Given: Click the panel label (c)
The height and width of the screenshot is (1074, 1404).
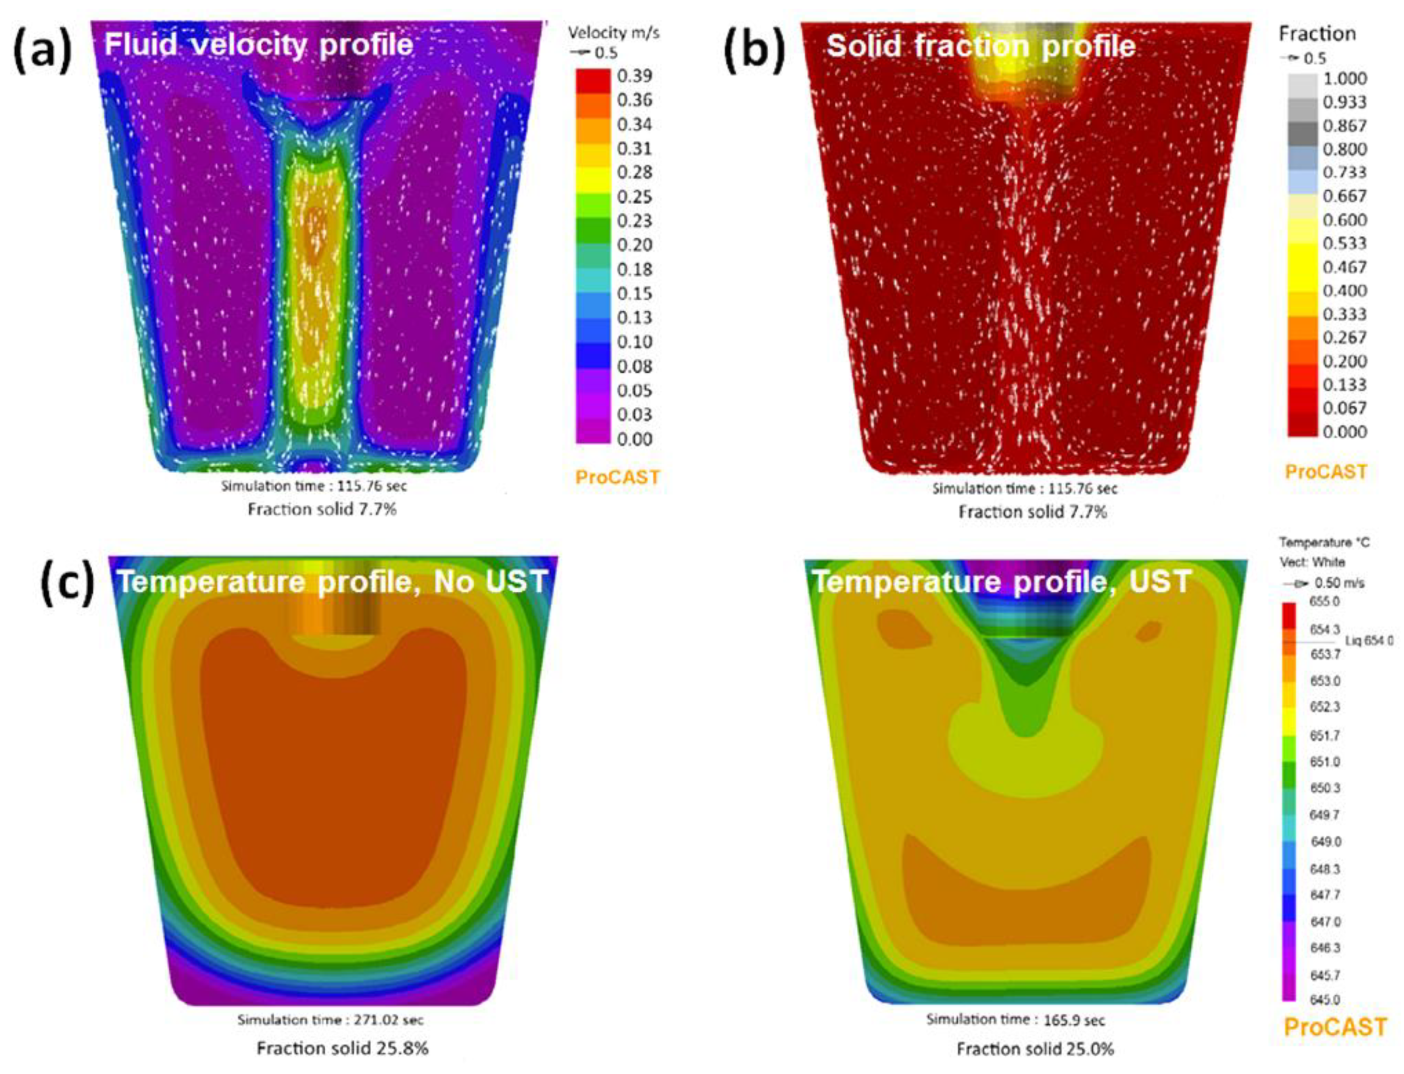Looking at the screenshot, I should (68, 584).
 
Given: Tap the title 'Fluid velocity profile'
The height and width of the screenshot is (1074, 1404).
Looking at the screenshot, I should (259, 45).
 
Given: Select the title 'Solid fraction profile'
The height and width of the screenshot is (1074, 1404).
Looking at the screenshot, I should (981, 46).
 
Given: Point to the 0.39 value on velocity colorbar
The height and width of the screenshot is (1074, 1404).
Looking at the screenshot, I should (634, 76).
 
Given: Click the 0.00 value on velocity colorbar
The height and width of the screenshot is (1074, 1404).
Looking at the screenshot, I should (634, 439).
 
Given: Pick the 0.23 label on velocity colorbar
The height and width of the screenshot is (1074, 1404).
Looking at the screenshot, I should (634, 221).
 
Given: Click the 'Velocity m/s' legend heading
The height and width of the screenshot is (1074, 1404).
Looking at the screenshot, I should (613, 33).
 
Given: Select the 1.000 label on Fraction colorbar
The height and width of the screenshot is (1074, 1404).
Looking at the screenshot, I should (1344, 79).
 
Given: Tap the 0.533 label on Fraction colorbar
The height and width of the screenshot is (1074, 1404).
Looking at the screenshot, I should (1344, 244).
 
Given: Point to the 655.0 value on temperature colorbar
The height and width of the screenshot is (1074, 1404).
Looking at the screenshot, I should (1324, 601).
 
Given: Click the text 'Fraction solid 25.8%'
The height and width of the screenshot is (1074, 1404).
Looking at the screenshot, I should (342, 1049).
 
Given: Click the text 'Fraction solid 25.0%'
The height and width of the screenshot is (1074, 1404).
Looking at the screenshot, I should (1035, 1049).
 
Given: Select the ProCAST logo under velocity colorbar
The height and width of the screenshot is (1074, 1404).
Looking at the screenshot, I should (617, 477).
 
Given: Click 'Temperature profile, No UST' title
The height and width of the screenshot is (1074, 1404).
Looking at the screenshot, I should (333, 582).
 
